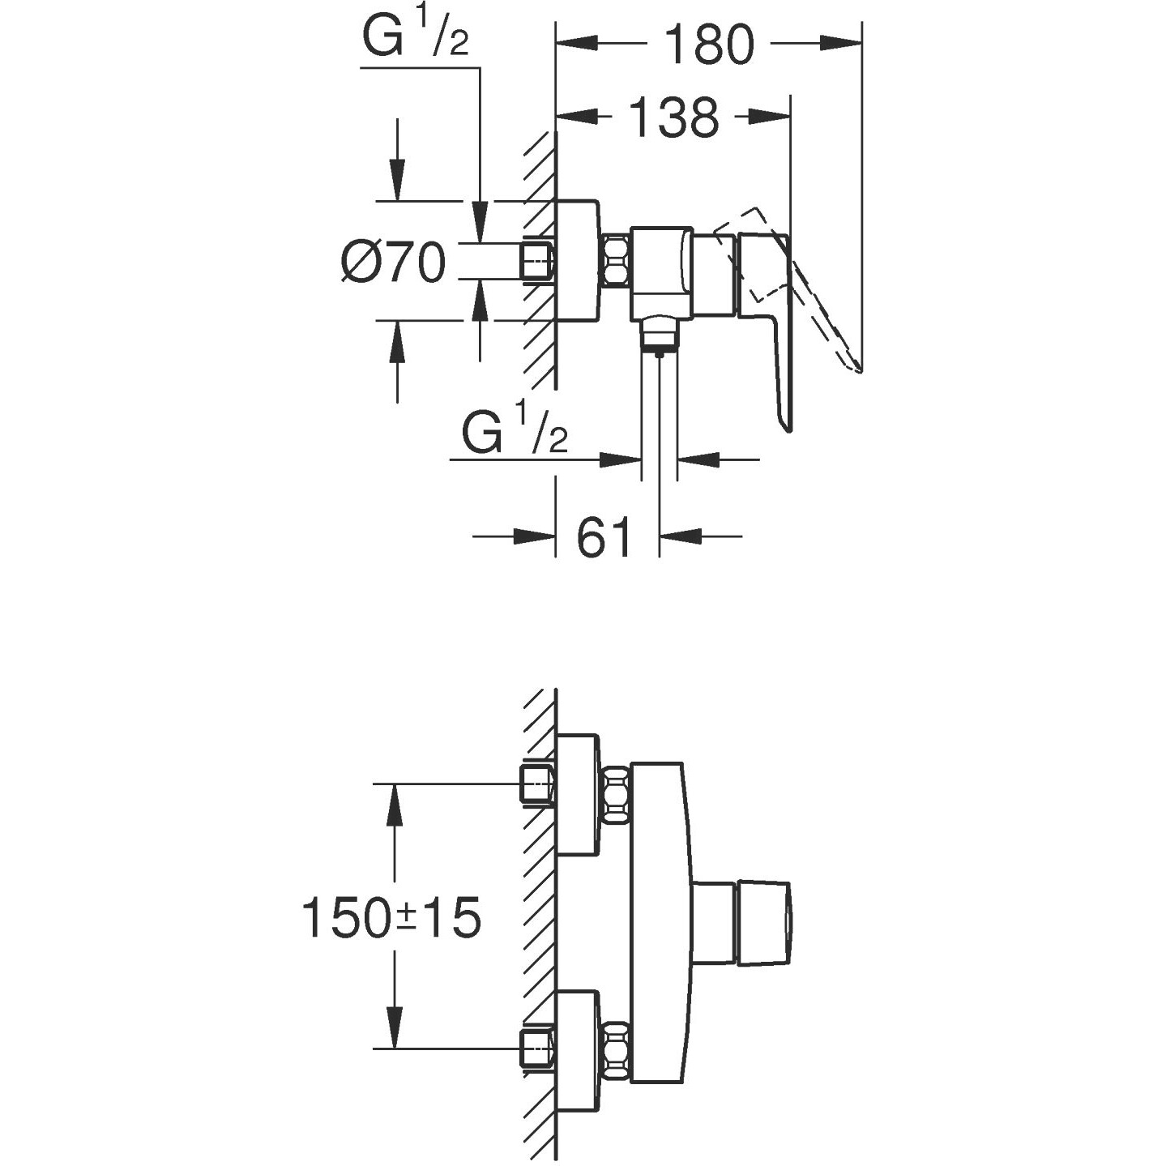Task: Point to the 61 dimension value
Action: tap(604, 536)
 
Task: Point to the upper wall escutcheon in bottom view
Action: tap(579, 794)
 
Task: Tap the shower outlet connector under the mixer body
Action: tap(661, 334)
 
